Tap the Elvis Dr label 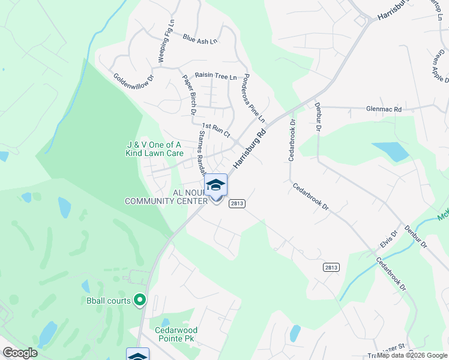pos(388,241)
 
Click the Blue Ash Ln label pos(200,39)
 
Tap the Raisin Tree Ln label pos(216,76)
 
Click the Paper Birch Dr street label pos(190,95)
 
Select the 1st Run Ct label pos(216,130)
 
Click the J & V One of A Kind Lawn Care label pos(154,149)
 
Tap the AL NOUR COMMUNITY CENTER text pos(165,197)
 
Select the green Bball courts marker pos(140,299)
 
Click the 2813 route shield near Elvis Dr pos(330,266)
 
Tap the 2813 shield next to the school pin pos(237,203)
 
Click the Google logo pos(20,353)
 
